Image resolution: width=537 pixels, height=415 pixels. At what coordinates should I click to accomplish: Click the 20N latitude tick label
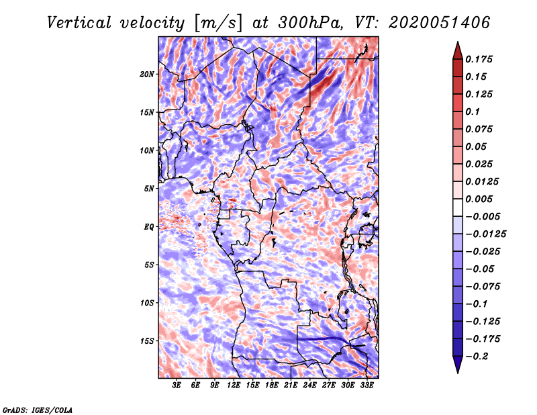click(146, 74)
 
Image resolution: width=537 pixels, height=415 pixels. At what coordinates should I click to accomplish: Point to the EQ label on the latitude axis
click(149, 226)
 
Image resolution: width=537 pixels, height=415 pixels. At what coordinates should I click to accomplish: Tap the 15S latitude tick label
click(146, 341)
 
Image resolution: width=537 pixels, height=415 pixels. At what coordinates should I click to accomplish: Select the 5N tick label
click(149, 189)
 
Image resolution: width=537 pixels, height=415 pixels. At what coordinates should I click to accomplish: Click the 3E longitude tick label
click(177, 385)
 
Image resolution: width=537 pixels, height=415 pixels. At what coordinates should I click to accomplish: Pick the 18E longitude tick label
click(272, 385)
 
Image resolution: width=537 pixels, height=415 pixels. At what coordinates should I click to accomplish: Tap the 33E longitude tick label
click(367, 385)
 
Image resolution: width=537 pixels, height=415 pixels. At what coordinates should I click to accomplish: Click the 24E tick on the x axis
click(309, 385)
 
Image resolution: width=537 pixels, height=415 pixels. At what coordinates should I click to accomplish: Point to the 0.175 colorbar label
click(479, 59)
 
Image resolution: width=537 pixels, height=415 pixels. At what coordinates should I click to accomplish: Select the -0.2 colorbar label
click(477, 357)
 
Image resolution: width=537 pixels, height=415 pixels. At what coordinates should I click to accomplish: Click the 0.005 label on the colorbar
click(479, 199)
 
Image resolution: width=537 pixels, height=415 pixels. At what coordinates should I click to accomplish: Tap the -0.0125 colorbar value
click(485, 234)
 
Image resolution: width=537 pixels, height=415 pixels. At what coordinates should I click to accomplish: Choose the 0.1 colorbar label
click(473, 111)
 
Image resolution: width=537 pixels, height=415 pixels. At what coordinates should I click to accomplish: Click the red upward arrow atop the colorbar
click(458, 51)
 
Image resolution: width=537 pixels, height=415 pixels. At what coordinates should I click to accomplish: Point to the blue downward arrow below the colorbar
click(458, 364)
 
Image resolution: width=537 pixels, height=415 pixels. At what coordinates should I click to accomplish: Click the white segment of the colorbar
click(458, 207)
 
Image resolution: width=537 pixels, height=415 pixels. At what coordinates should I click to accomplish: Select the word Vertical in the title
click(79, 23)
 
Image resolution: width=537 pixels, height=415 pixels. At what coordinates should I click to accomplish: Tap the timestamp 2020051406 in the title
click(439, 23)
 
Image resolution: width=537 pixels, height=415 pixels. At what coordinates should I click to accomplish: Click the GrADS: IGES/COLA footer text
click(38, 410)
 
